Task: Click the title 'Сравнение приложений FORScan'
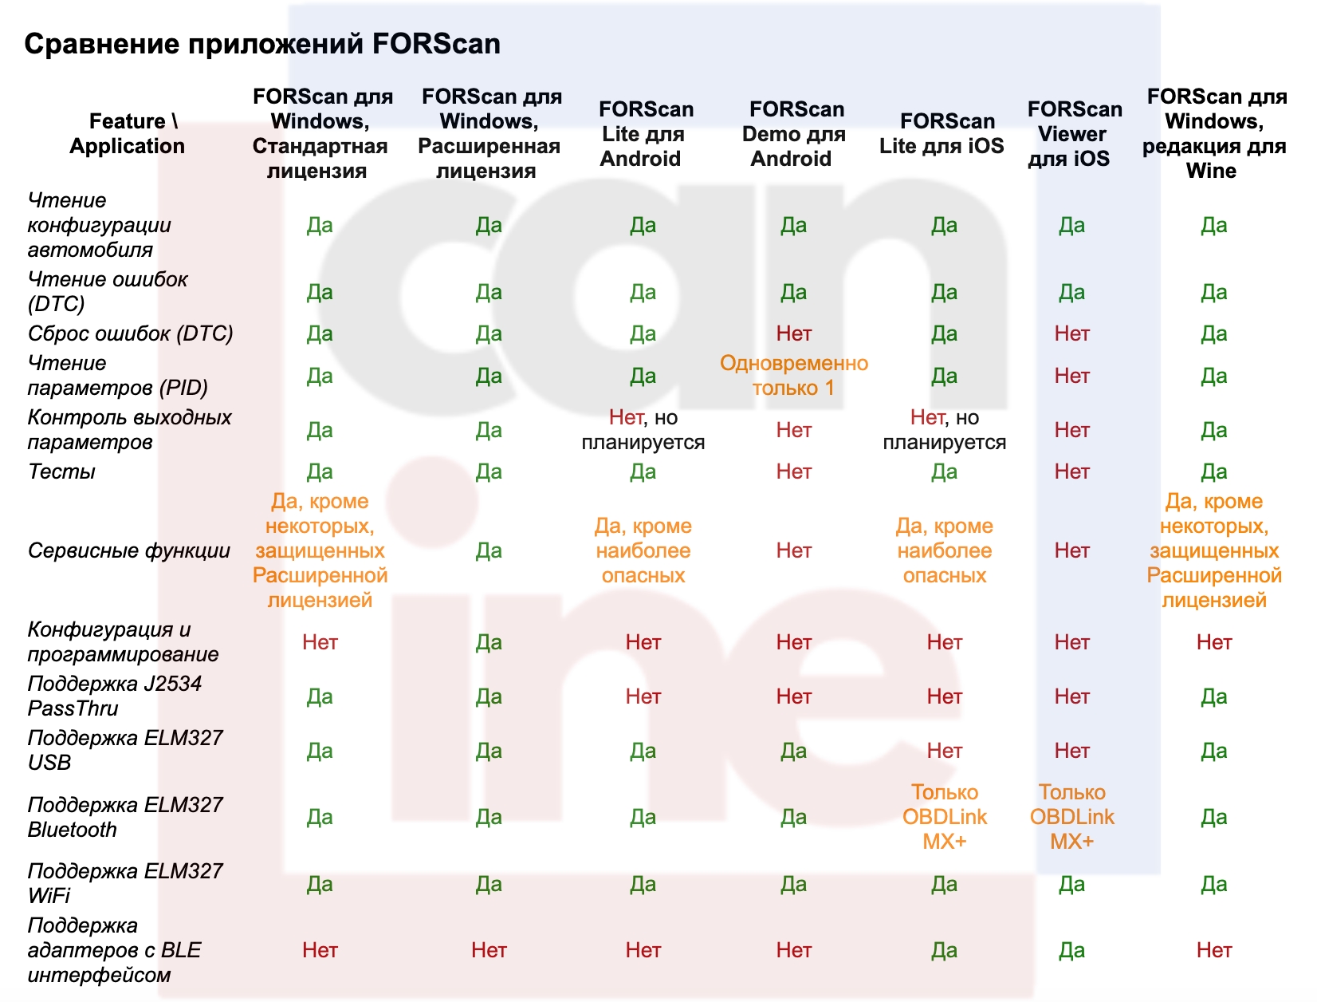click(x=262, y=44)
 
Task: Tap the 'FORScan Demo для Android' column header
click(x=794, y=134)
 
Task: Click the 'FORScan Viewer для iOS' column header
click(x=1072, y=134)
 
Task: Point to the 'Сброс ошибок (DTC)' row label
click(x=130, y=333)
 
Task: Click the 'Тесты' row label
click(x=61, y=471)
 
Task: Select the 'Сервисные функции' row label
click(x=128, y=550)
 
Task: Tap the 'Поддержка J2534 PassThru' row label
click(x=115, y=696)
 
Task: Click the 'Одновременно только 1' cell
click(x=794, y=376)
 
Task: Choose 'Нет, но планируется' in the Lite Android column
click(x=643, y=430)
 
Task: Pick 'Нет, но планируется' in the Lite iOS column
click(x=944, y=430)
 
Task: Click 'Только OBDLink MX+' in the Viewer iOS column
click(x=1072, y=817)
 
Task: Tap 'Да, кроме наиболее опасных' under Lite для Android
click(x=643, y=550)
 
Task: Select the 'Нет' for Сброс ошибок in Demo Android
click(x=794, y=333)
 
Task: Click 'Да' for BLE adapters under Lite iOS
click(x=944, y=950)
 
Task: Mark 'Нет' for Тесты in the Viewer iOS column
click(x=1072, y=471)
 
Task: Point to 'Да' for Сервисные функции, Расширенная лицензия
click(x=489, y=550)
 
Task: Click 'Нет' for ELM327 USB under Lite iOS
click(x=944, y=751)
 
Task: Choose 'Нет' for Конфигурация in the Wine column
click(x=1214, y=642)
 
